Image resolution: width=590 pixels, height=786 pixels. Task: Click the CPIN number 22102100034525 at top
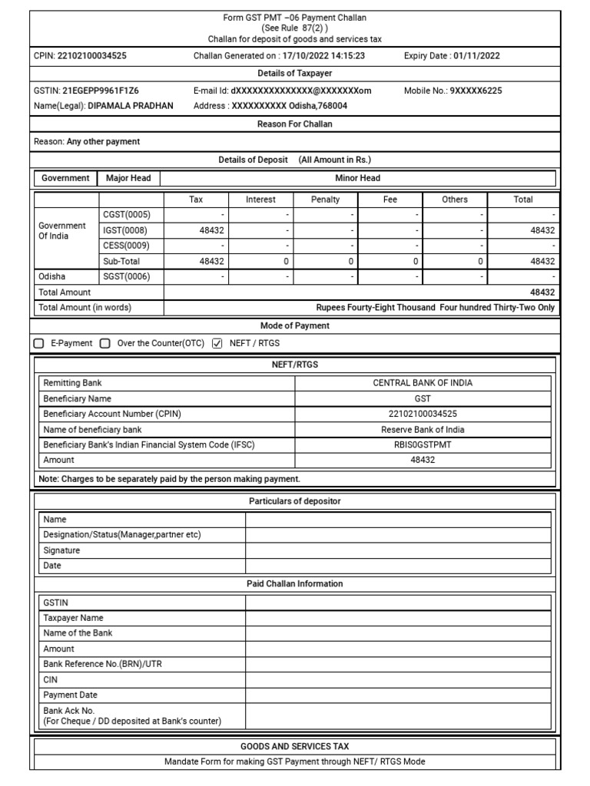[x=92, y=55]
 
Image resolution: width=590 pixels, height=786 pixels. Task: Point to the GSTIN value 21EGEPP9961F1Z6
[x=101, y=91]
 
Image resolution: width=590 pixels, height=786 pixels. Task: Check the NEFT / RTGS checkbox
[x=217, y=343]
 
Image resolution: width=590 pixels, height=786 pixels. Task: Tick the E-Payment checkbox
[x=39, y=343]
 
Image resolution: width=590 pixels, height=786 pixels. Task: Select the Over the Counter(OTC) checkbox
[x=105, y=343]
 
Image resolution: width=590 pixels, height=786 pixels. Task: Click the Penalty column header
[x=325, y=200]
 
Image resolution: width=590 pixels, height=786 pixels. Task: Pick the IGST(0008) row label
[x=125, y=230]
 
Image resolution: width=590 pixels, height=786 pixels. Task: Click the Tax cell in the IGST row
[x=197, y=230]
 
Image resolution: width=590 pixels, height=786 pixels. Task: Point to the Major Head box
[x=128, y=178]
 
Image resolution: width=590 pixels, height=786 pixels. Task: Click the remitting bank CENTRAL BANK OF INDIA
[x=423, y=382]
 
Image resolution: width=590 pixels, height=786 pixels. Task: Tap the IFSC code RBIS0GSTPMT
[x=423, y=444]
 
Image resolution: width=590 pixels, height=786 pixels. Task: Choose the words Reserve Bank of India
[x=423, y=429]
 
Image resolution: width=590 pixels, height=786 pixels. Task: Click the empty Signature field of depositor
[x=398, y=550]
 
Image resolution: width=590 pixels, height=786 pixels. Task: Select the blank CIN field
[x=398, y=679]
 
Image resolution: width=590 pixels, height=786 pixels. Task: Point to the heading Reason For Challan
[x=295, y=124]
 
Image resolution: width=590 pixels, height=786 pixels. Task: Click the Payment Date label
[x=71, y=695]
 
